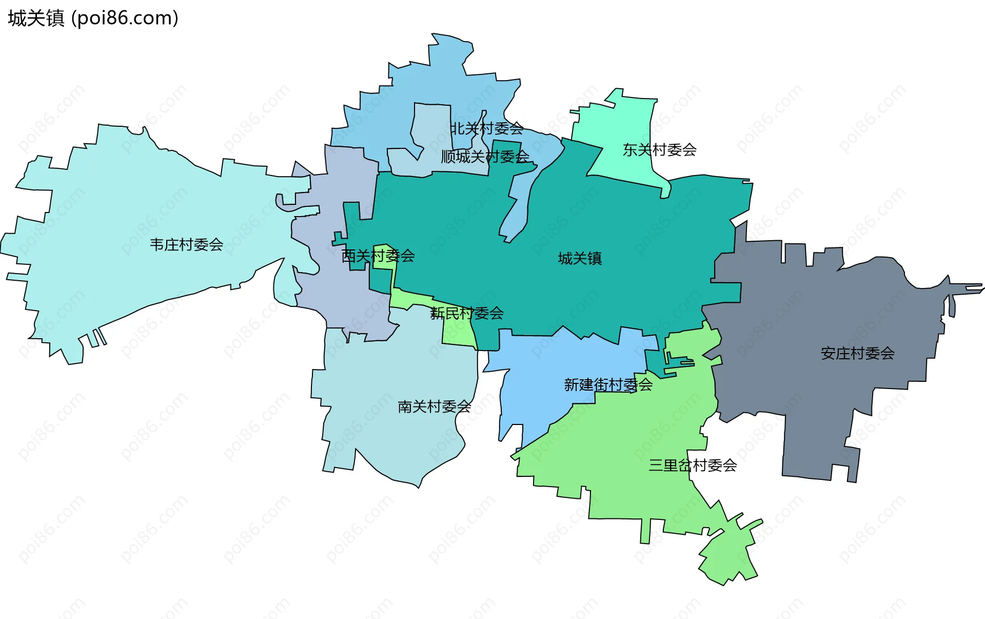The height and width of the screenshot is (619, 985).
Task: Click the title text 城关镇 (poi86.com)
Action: pos(93,18)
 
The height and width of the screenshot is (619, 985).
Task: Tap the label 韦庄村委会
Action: pos(186,245)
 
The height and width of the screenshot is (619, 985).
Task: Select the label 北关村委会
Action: pos(486,128)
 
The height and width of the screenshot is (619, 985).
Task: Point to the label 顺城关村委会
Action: pos(485,157)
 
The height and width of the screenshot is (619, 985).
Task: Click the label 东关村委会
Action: pos(659,150)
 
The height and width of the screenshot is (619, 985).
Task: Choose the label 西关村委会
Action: pos(378,256)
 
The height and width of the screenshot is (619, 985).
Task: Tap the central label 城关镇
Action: pos(580,258)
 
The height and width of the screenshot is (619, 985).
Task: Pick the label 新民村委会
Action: pos(466,313)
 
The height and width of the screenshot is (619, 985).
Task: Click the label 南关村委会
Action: pos(434,407)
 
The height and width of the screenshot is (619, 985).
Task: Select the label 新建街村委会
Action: pos(608,384)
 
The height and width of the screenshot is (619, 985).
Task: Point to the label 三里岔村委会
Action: pos(693,466)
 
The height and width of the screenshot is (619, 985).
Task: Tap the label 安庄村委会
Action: pos(857,353)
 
